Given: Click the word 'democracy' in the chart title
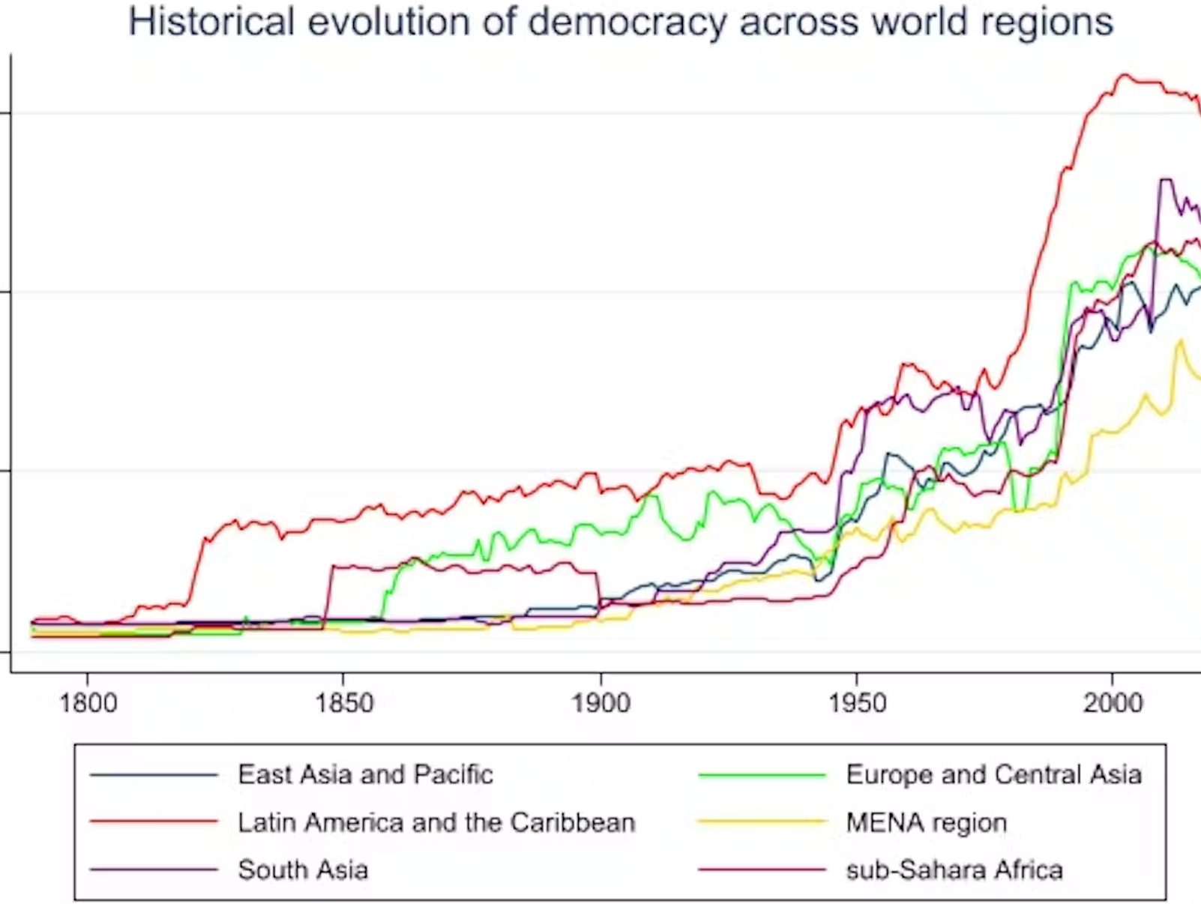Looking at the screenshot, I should pos(627,22).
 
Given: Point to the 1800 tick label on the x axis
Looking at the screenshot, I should pos(88,703).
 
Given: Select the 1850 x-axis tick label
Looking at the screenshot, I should pos(343,703).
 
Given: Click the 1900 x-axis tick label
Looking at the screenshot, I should pos(600,703).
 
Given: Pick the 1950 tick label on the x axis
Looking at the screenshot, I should pos(857,703).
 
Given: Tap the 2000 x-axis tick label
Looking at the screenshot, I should pos(1113,703).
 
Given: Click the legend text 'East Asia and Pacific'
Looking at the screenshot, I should pos(365,774).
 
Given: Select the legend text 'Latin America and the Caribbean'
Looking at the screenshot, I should pos(436,822).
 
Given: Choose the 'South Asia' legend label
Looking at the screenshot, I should pos(303,870).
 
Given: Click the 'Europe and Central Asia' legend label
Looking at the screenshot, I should pos(993,774).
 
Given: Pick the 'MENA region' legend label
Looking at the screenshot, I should pos(926,822).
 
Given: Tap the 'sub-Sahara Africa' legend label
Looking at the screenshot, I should pos(954,870).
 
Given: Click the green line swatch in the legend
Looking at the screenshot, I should pos(762,775).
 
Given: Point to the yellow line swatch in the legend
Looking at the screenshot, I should pos(762,823).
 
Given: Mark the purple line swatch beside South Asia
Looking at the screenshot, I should pos(154,870).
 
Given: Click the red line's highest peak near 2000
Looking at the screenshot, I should pos(1122,75).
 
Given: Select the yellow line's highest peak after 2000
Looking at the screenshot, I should pos(1182,340).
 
